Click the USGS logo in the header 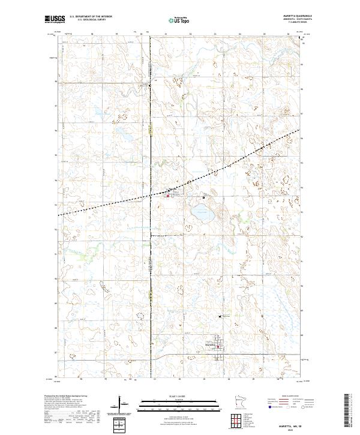click(53, 20)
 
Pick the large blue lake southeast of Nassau click(200, 212)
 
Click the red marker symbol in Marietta click(218, 346)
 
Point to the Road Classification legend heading click(288, 397)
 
